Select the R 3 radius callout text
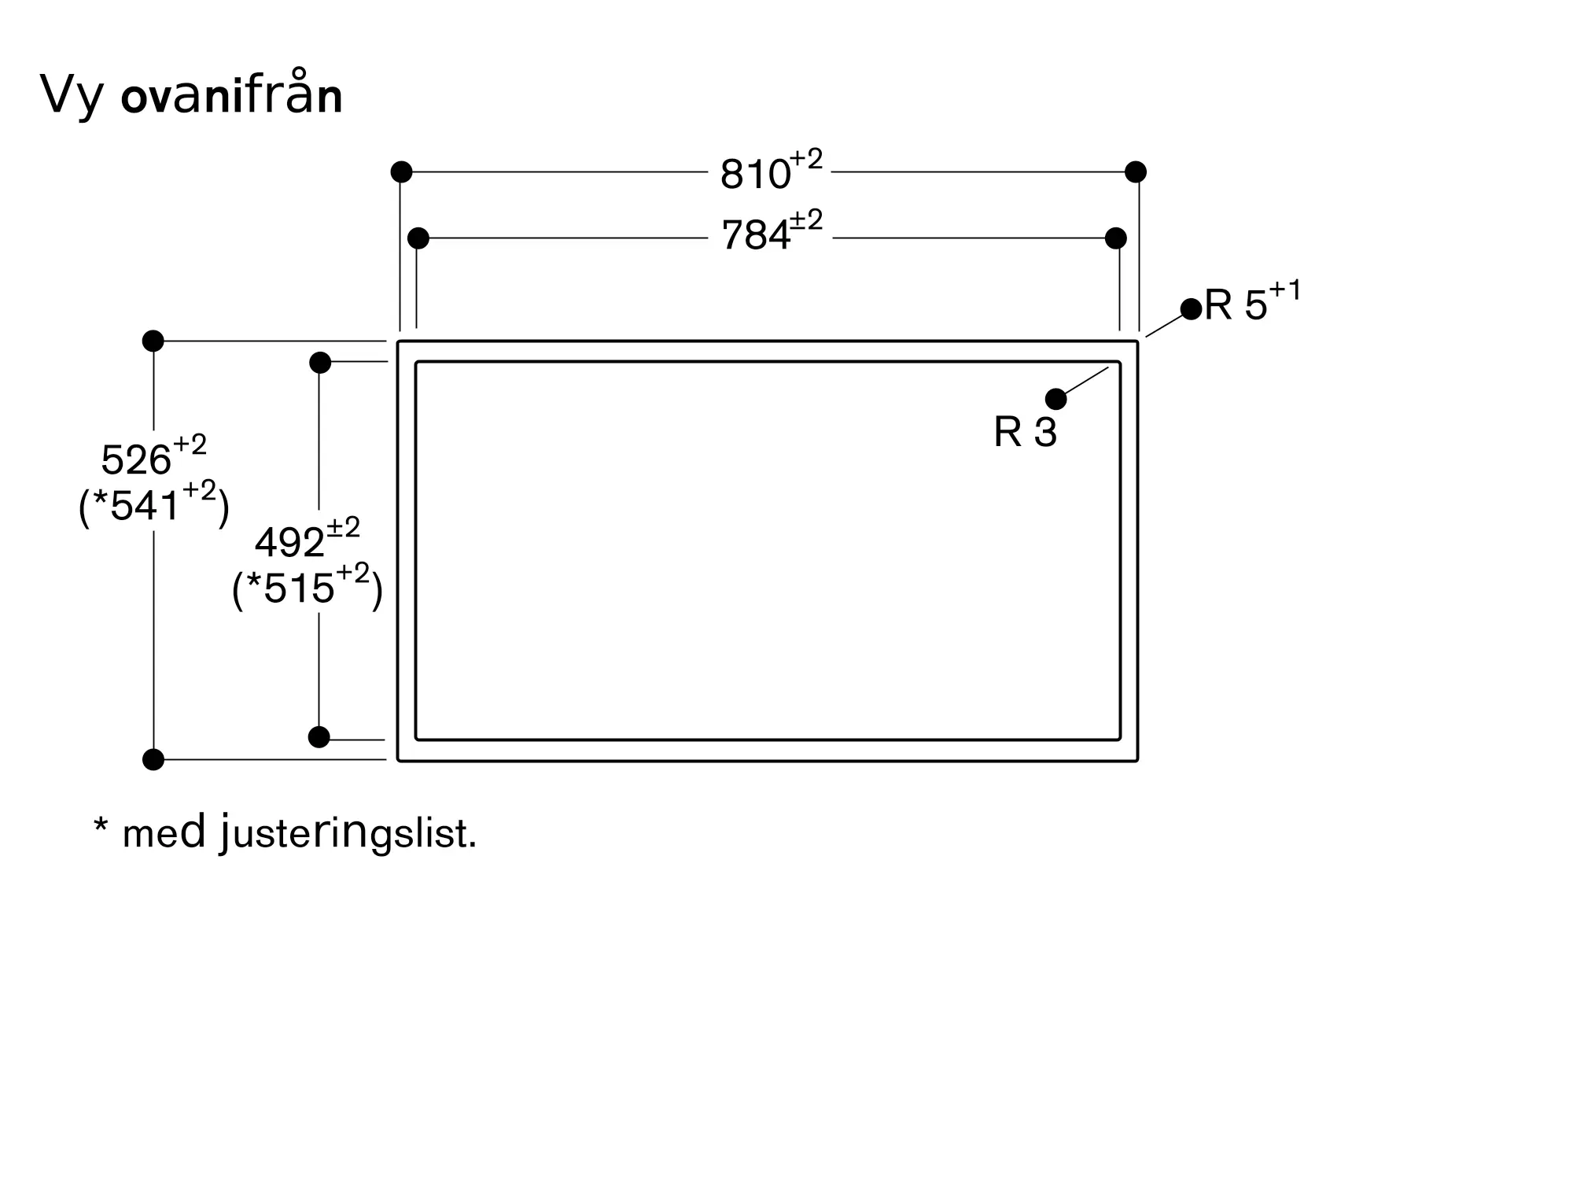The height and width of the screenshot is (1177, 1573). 1025,432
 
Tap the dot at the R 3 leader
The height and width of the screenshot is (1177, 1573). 1055,399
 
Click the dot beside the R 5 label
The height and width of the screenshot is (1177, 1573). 1191,309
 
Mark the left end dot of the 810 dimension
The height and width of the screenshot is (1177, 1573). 401,172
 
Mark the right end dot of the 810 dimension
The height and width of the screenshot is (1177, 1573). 1135,172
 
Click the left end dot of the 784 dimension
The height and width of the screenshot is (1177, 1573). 418,238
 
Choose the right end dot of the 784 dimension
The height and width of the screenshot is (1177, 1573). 1115,238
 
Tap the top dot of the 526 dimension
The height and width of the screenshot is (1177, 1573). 153,341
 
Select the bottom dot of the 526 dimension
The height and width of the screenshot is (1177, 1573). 153,759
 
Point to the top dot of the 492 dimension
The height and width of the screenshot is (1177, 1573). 320,363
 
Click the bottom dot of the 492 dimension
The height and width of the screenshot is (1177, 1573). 319,737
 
